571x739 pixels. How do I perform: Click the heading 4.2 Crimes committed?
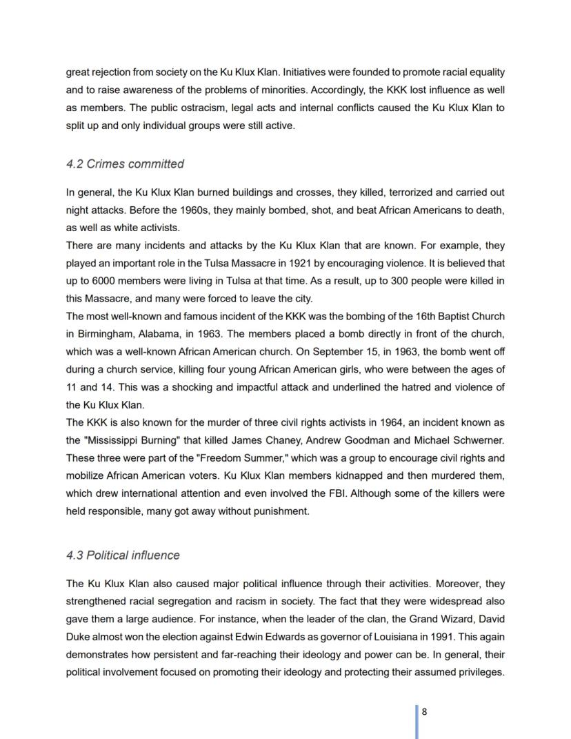tap(125, 164)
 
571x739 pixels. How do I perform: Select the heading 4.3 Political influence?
tap(123, 555)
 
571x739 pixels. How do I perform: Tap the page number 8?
tap(425, 712)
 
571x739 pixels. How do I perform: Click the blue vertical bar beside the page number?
tap(417, 721)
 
